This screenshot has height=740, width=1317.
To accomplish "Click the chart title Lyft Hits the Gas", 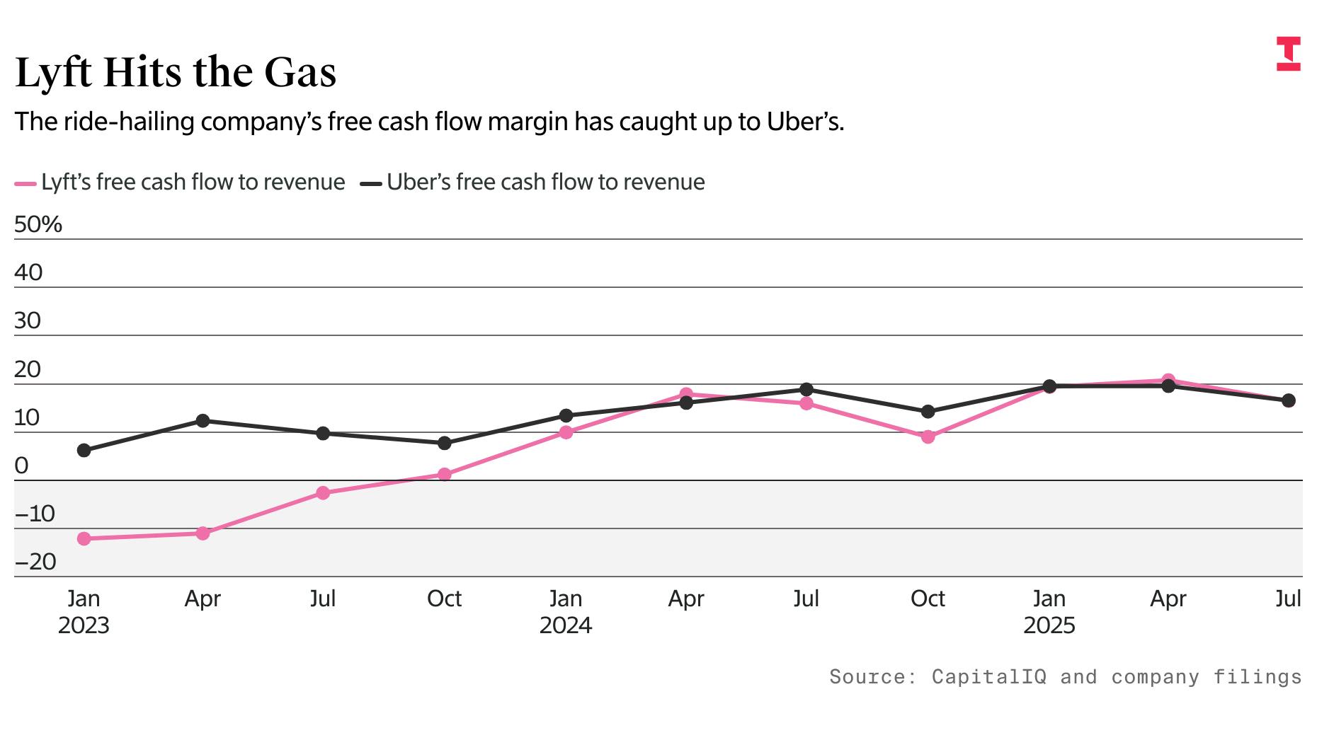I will coord(176,72).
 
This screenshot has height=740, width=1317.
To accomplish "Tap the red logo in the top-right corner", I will coord(1288,54).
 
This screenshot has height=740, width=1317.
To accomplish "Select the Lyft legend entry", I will coord(180,183).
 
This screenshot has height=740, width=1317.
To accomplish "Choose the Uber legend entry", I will coord(532,183).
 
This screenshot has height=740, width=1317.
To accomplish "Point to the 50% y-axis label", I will coord(38,224).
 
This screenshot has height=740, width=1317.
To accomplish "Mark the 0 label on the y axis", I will coord(21,466).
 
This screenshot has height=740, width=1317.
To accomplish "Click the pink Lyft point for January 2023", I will coord(84,539).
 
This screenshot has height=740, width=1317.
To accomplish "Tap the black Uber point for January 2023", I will coord(84,451).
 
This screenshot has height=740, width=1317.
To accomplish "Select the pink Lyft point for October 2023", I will coord(444,475).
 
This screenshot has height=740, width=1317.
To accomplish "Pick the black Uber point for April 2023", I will coord(203,421).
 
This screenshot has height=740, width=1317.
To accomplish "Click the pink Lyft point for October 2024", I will coord(928,437).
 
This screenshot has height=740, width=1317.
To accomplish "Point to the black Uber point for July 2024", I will coord(806,390).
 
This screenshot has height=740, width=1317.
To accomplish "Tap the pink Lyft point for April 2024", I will coord(685,394).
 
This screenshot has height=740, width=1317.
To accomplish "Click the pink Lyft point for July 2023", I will coord(323,493).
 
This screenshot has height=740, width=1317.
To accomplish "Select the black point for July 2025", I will coord(1289,401).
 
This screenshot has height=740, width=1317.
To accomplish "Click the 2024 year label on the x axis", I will coord(565,625).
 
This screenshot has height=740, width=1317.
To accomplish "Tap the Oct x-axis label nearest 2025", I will coord(928,599).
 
